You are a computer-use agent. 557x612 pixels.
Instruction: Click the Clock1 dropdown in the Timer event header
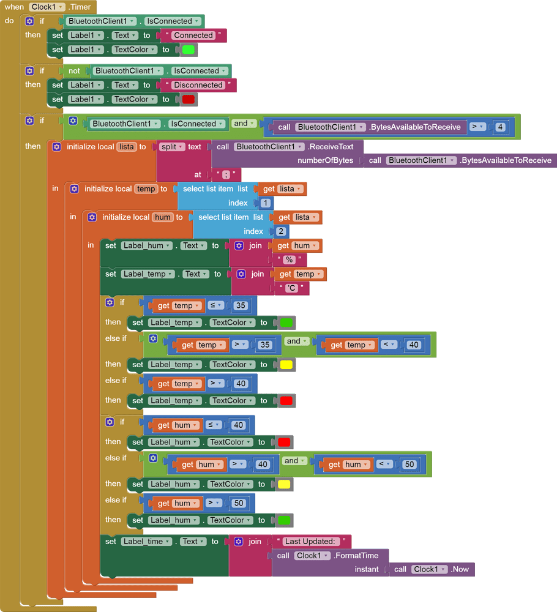(47, 7)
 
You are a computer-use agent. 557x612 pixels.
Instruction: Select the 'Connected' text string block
(193, 35)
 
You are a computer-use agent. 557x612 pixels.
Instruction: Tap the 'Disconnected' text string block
(198, 85)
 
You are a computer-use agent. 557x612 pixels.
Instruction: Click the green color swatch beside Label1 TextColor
(188, 50)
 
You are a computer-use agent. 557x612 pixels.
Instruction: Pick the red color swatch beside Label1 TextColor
(188, 99)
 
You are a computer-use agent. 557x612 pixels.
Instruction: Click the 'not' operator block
(74, 71)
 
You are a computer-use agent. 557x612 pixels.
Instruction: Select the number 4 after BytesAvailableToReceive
(500, 127)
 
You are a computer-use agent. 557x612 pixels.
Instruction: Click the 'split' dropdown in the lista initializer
(171, 147)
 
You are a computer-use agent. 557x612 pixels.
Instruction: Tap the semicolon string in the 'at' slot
(225, 175)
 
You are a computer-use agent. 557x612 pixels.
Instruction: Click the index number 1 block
(265, 203)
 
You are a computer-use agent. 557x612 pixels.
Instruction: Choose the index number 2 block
(280, 231)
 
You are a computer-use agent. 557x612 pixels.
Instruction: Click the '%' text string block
(289, 260)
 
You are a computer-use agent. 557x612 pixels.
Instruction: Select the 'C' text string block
(291, 288)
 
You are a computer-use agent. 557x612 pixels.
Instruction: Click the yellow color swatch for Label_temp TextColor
(286, 365)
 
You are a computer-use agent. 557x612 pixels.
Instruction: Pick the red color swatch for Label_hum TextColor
(283, 442)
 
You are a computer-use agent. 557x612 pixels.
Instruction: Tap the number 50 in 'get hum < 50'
(409, 465)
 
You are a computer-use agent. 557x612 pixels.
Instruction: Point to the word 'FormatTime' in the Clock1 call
(356, 556)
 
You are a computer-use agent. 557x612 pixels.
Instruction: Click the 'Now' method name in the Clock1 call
(460, 570)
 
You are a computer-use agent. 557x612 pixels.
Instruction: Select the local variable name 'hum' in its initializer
(162, 217)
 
